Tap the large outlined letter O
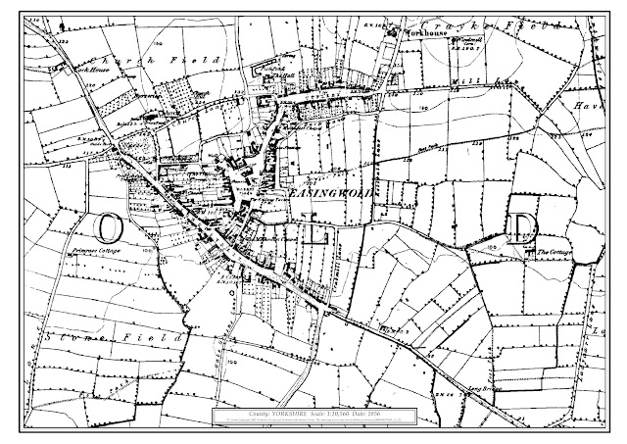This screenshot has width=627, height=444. (x=109, y=226)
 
